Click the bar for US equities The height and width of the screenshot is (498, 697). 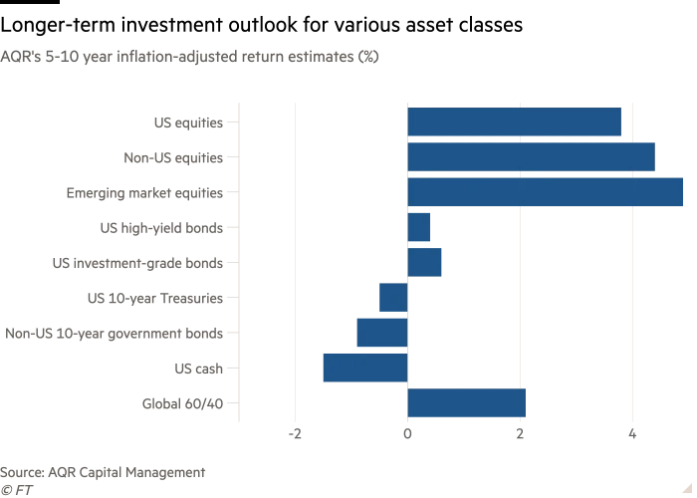tap(514, 123)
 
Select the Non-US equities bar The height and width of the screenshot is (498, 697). tap(531, 157)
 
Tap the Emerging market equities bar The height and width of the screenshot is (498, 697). tap(545, 192)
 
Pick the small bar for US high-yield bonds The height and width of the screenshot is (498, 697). tap(419, 227)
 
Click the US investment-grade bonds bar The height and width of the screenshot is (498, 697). tap(424, 263)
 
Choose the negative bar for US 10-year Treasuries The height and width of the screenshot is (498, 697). tap(393, 298)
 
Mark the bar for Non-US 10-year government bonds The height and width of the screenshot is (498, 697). tap(382, 333)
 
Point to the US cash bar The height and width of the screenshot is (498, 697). tap(365, 368)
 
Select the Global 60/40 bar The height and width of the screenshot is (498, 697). tap(466, 403)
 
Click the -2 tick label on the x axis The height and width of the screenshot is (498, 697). tap(295, 434)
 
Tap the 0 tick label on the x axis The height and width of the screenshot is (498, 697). tap(407, 434)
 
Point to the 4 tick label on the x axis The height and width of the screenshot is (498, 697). tap(632, 434)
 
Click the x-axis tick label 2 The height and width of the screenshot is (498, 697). tap(520, 434)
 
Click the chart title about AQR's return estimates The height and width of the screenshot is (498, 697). tap(189, 57)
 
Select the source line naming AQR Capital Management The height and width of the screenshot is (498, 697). tap(103, 472)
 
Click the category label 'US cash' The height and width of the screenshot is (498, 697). tap(198, 369)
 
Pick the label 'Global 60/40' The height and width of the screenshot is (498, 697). tap(183, 403)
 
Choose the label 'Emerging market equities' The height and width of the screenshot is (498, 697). tap(144, 192)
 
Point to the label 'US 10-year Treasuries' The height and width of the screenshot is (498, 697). tap(154, 298)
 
